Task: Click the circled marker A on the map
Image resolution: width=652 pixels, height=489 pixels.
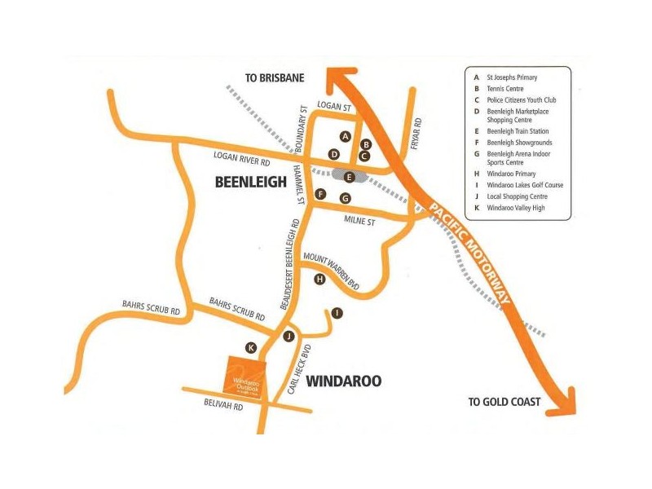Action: [346, 136]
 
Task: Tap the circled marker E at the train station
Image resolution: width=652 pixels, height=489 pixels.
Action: [350, 176]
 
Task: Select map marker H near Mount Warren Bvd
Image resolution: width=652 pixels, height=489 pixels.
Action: [319, 279]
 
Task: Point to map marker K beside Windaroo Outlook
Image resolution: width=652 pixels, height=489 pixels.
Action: [251, 347]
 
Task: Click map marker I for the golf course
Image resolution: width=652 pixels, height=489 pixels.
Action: [337, 313]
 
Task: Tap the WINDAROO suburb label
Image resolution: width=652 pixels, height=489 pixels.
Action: [343, 381]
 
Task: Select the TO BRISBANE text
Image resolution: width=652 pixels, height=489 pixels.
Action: [275, 78]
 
